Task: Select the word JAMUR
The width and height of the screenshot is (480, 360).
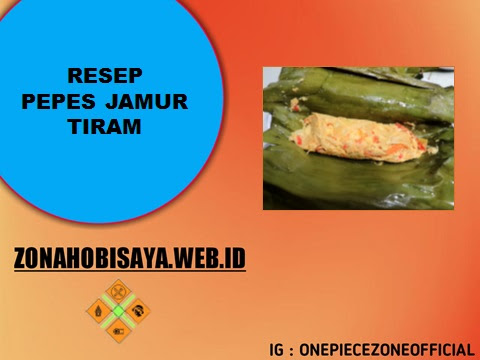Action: coord(157,102)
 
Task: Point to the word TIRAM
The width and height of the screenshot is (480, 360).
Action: coord(106,129)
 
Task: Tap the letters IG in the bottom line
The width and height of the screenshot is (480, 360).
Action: coord(276,350)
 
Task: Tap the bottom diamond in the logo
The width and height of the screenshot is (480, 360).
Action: coord(118,326)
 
